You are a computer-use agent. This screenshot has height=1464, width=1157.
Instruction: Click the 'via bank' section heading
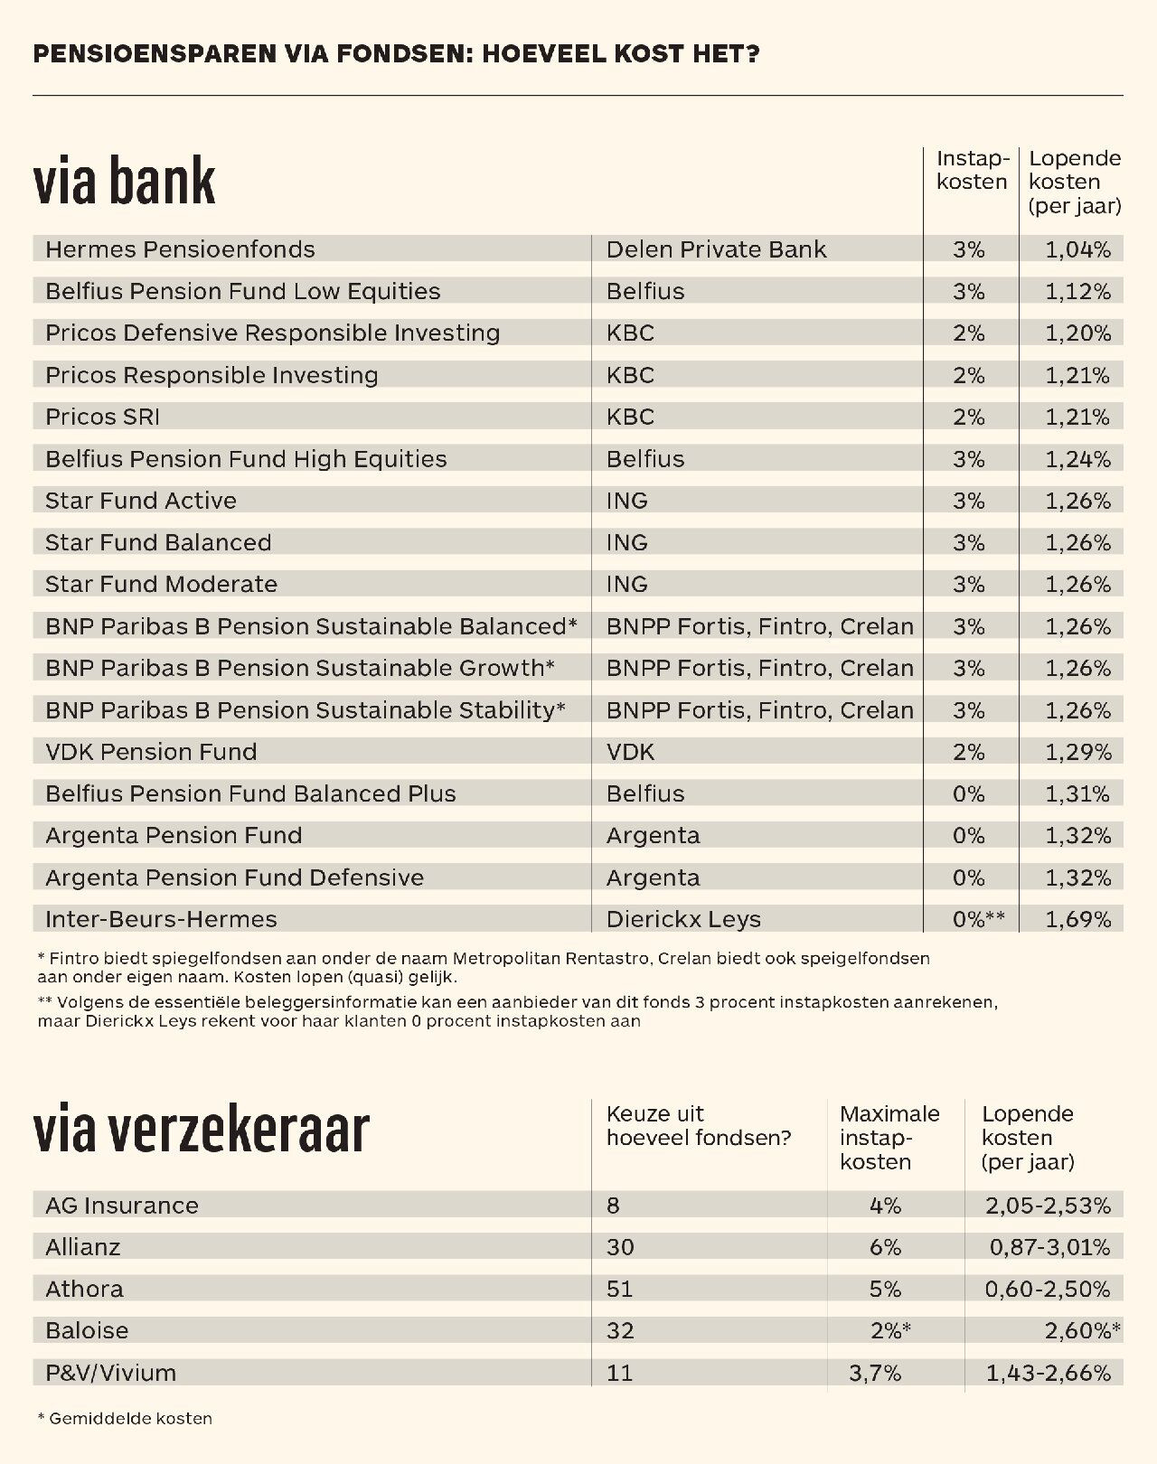coord(124,181)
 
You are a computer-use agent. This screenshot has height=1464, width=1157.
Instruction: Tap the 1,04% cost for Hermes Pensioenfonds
coord(1077,249)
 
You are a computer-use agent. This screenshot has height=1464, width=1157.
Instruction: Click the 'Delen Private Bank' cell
coord(716,249)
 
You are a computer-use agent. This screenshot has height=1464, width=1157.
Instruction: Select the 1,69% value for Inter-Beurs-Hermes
coord(1077,919)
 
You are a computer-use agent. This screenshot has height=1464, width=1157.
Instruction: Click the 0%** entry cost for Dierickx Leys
coord(978,919)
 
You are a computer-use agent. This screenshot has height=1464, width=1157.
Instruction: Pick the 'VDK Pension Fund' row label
coord(151,752)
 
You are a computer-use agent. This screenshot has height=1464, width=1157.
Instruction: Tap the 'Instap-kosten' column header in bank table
coord(972,170)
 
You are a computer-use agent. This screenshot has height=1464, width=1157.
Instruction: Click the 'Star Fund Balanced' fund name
coord(158,542)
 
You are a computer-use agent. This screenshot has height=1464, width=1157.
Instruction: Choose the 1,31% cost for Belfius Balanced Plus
coord(1077,793)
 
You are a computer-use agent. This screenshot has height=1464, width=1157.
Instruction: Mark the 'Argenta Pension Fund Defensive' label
coord(234,877)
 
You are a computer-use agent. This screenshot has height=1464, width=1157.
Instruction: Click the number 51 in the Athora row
coord(619,1289)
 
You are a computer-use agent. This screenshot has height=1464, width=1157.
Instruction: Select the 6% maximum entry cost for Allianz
coord(885,1247)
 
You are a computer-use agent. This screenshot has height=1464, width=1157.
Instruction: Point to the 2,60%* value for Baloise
coord(1082,1330)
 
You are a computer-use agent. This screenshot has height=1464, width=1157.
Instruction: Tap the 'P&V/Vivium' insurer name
coord(110,1373)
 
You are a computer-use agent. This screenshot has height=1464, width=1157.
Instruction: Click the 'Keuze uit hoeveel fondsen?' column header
coord(698,1126)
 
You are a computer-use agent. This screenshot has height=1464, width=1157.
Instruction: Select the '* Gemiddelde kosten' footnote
coord(125,1419)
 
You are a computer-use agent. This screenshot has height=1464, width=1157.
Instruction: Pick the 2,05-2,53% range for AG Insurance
coord(1048,1206)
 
